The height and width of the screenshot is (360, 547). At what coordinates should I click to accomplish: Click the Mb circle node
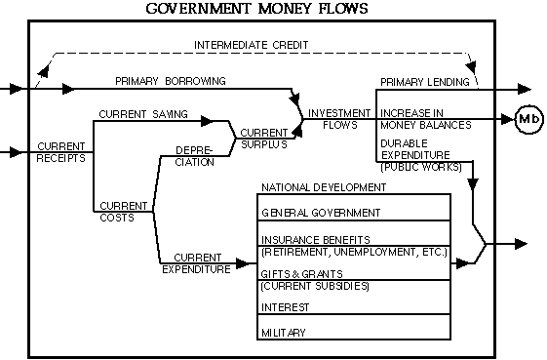pyautogui.click(x=529, y=119)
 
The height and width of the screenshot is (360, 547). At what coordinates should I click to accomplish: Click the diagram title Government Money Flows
pyautogui.click(x=256, y=9)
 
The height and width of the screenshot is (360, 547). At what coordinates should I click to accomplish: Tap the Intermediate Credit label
pyautogui.click(x=252, y=45)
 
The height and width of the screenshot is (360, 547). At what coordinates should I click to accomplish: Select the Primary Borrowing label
pyautogui.click(x=171, y=81)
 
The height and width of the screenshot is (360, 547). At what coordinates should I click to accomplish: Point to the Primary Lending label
pyautogui.click(x=424, y=82)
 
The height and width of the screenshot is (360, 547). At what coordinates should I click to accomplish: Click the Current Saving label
pyautogui.click(x=143, y=114)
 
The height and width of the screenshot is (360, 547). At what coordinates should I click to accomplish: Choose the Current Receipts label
pyautogui.click(x=61, y=152)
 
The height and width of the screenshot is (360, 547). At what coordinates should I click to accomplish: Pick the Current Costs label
pyautogui.click(x=124, y=212)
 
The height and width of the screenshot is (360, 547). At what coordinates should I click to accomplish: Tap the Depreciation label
pyautogui.click(x=194, y=156)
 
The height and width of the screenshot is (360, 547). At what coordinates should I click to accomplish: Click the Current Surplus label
pyautogui.click(x=264, y=139)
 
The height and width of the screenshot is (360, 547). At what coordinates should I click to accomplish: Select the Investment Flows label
pyautogui.click(x=339, y=119)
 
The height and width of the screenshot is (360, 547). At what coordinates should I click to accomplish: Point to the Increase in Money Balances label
pyautogui.click(x=425, y=119)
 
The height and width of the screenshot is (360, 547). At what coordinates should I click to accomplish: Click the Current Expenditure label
pyautogui.click(x=196, y=263)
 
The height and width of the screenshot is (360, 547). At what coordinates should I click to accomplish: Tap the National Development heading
pyautogui.click(x=324, y=187)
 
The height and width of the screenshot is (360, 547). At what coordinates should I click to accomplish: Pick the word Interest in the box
pyautogui.click(x=285, y=307)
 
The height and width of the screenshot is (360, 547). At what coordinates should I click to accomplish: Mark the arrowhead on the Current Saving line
pyautogui.click(x=207, y=121)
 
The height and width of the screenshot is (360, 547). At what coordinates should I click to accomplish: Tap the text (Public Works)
pyautogui.click(x=421, y=167)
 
